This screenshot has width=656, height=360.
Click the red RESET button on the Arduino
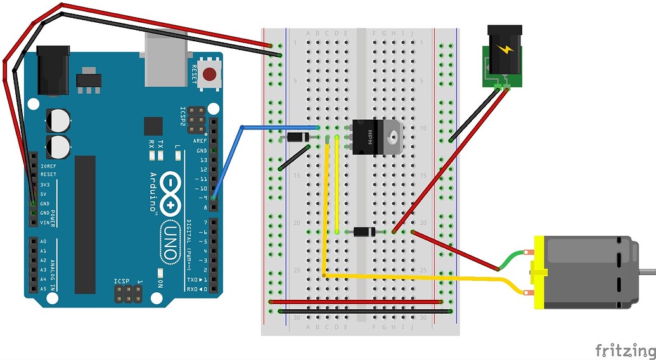tap(210, 75)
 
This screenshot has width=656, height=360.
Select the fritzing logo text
tap(624, 350)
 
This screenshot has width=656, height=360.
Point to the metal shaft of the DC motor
tap(647, 272)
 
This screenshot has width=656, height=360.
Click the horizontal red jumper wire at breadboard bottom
tap(355, 302)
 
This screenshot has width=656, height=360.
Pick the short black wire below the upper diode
tap(295, 157)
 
